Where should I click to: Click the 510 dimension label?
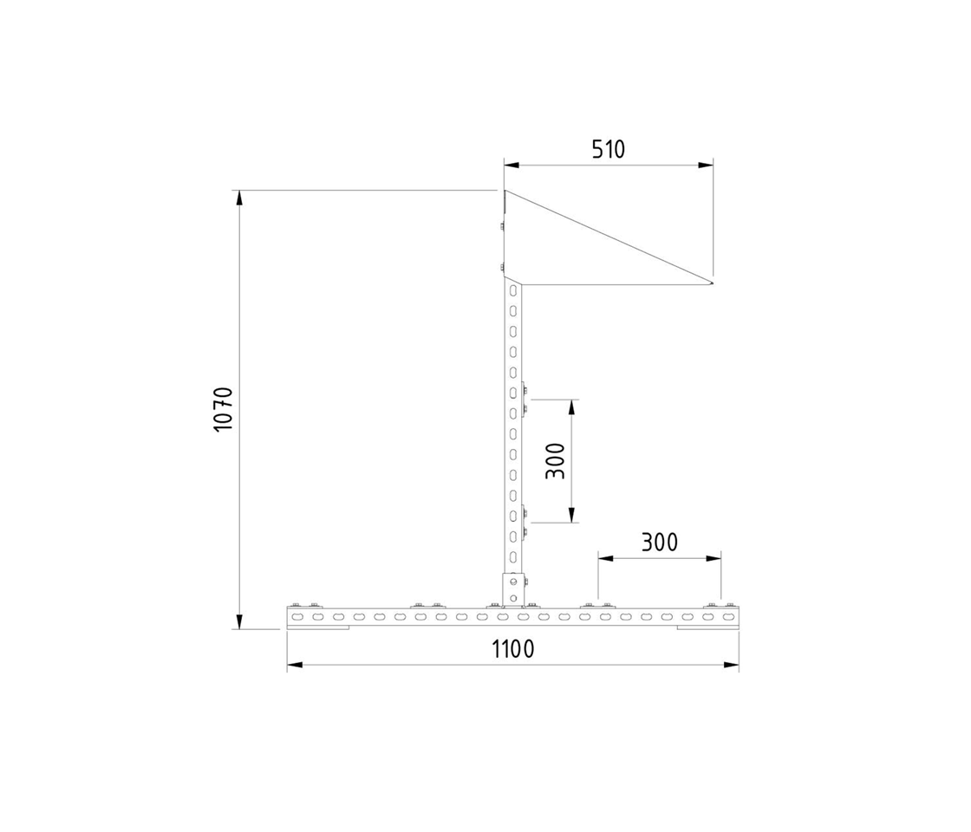pyautogui.click(x=608, y=150)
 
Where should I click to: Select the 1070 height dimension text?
pyautogui.click(x=224, y=409)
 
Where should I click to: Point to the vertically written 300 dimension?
pyautogui.click(x=556, y=461)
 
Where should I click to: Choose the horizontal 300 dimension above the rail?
pyautogui.click(x=660, y=543)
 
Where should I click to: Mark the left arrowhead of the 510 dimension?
pyautogui.click(x=511, y=164)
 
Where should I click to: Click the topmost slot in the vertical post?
pyautogui.click(x=514, y=289)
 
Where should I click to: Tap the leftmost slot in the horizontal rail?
pyautogui.click(x=298, y=617)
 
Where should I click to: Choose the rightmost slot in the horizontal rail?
pyautogui.click(x=728, y=617)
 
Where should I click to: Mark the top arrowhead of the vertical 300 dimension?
pyautogui.click(x=572, y=406)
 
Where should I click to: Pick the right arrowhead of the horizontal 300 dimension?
pyautogui.click(x=715, y=558)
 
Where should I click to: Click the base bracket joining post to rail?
pyautogui.click(x=514, y=589)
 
